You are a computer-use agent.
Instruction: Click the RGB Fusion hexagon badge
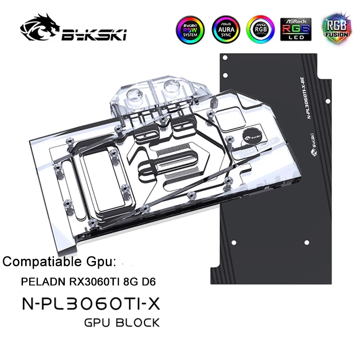[x=334, y=28]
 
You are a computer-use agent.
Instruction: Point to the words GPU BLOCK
[x=121, y=322]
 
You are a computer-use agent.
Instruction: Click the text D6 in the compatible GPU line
[x=148, y=282]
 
